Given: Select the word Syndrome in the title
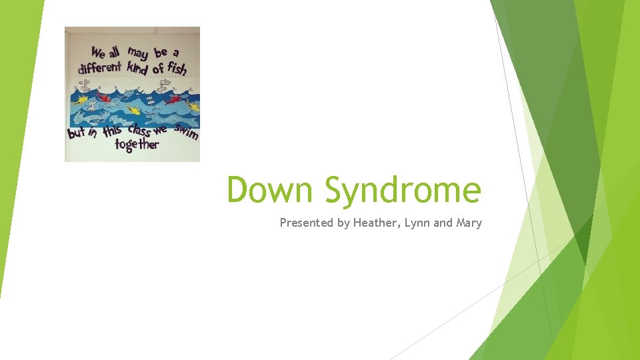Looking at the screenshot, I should [x=403, y=191].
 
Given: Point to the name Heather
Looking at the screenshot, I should [x=376, y=223].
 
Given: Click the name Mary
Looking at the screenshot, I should [x=469, y=223].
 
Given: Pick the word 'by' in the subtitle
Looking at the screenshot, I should [x=344, y=223].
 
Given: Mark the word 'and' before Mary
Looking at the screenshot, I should [x=443, y=223].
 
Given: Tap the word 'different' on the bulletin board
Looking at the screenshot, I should [x=100, y=67].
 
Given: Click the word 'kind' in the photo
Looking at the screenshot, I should [x=137, y=67].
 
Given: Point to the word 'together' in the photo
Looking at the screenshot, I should [x=137, y=144].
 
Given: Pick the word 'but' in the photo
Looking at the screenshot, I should [x=77, y=133].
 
